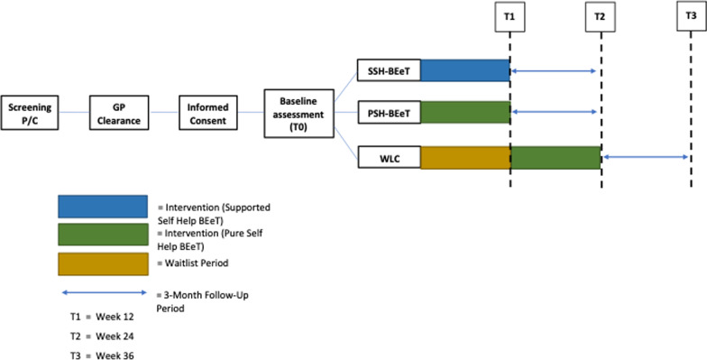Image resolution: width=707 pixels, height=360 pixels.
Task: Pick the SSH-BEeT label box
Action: coord(389,69)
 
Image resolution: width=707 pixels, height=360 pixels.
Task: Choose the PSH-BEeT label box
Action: coord(389,112)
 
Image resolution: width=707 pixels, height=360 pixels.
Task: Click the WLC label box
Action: coord(389,156)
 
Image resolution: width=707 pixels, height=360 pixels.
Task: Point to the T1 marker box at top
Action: coord(510,17)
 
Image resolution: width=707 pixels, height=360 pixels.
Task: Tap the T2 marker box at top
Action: coord(601,17)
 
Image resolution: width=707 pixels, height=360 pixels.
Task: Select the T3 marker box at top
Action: coord(690,17)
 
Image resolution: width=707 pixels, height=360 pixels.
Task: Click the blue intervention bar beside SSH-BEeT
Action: coord(465,69)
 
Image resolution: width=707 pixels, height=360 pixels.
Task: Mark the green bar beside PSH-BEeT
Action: coord(465,112)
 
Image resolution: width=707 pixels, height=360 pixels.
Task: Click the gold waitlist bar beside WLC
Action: coord(465,156)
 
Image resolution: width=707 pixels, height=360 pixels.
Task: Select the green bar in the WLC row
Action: coord(555,156)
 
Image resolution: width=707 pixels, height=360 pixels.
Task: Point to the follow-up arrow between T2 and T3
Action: coord(646,156)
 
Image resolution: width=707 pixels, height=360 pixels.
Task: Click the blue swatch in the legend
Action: coord(102,206)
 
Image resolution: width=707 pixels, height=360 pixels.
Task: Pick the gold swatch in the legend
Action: coord(102,263)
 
